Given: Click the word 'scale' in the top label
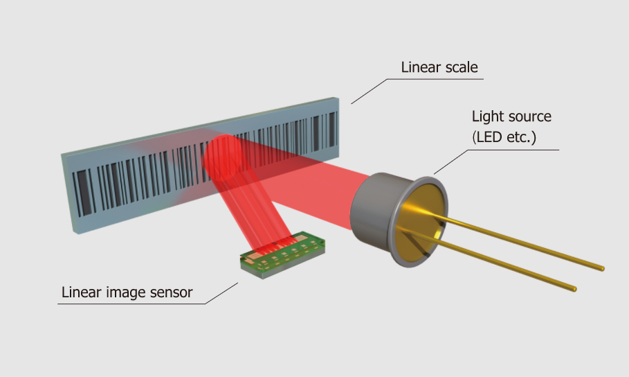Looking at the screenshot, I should [x=460, y=68].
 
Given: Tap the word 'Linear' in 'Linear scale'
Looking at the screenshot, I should [x=421, y=68].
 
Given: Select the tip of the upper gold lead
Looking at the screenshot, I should [x=601, y=268].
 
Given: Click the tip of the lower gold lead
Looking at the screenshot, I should [x=573, y=286].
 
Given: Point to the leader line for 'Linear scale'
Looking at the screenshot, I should [x=370, y=90].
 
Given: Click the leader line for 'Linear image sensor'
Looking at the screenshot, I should [x=221, y=293].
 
